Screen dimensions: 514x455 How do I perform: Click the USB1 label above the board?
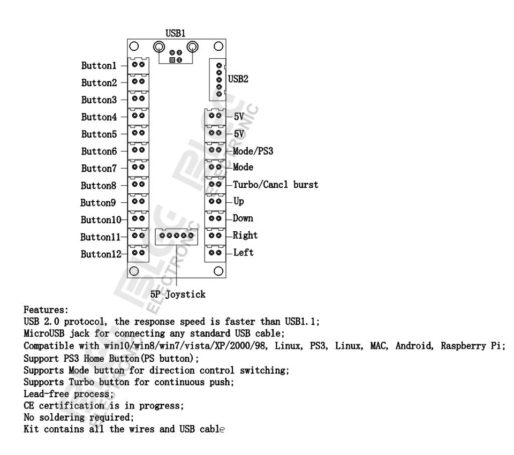tap(176, 33)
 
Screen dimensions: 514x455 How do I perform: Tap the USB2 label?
tap(238, 79)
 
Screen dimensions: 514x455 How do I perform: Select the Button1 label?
tap(99, 65)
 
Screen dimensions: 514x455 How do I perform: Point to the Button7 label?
tap(99, 169)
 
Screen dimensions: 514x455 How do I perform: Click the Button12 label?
tap(101, 254)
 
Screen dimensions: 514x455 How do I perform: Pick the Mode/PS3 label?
tap(253, 151)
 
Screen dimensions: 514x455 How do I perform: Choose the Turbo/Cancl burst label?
tap(275, 185)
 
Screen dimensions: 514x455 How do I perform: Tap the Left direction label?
tap(243, 253)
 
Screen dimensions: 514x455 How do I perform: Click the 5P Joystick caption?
tap(178, 294)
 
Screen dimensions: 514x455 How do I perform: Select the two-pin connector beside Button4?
tap(138, 117)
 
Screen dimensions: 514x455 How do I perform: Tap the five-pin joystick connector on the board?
tap(176, 237)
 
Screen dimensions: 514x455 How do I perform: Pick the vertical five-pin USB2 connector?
tap(218, 80)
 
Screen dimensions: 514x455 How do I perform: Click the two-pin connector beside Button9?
tap(138, 202)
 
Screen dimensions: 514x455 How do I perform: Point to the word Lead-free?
tap(46, 393)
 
